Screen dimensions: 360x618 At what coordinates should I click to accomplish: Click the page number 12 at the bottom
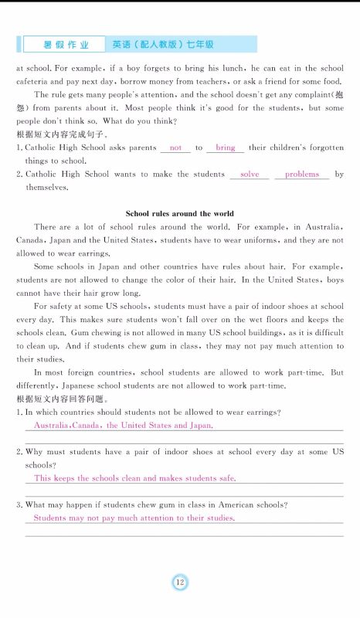tap(179, 582)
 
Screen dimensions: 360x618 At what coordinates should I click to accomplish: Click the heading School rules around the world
tap(179, 213)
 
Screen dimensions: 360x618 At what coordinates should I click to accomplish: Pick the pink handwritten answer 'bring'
tap(226, 148)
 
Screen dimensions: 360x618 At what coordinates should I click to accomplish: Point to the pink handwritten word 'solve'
tap(250, 175)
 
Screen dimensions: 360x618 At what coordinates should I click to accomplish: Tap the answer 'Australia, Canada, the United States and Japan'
tap(123, 426)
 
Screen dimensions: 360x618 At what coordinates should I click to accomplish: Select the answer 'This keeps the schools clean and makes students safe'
tap(134, 479)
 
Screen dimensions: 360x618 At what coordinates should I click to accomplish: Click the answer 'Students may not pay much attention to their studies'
tap(134, 518)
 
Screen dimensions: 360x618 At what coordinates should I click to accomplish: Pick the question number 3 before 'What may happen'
tap(19, 505)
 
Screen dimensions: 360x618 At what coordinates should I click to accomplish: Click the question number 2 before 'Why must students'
tap(19, 452)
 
